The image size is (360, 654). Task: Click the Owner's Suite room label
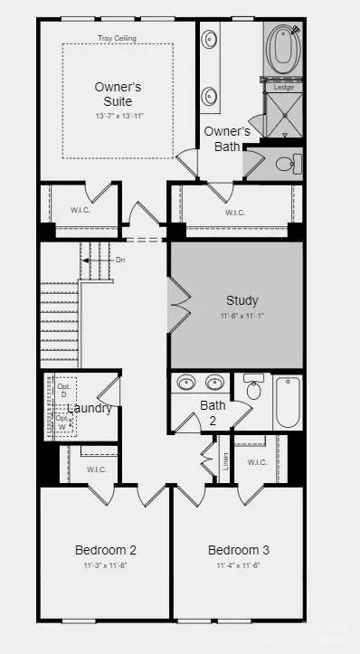click(x=119, y=94)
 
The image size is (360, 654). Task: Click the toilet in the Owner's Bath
click(x=285, y=164)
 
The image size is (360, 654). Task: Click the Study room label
click(x=242, y=300)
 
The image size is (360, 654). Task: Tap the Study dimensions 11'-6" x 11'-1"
click(x=241, y=316)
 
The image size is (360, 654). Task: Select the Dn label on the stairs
click(x=120, y=261)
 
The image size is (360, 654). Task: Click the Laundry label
click(x=89, y=409)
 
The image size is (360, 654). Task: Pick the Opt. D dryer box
click(x=64, y=391)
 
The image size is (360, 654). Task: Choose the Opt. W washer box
click(x=62, y=422)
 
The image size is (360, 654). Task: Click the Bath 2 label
click(x=213, y=412)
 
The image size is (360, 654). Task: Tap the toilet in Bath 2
click(x=253, y=389)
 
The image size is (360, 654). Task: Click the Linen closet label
click(x=225, y=461)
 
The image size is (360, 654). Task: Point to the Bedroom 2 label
click(x=106, y=550)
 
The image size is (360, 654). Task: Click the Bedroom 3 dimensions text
click(x=238, y=565)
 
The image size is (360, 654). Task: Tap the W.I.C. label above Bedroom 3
click(x=257, y=462)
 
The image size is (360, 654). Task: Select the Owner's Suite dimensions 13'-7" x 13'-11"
click(x=119, y=117)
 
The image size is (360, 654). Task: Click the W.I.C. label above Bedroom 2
click(x=97, y=469)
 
